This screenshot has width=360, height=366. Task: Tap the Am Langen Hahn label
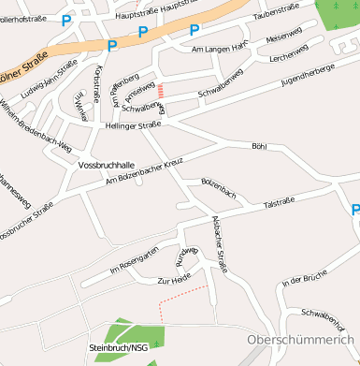click(x=218, y=47)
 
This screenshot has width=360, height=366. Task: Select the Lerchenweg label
click(x=288, y=57)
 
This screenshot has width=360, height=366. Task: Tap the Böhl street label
click(x=259, y=146)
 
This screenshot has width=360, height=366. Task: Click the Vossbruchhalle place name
click(x=107, y=165)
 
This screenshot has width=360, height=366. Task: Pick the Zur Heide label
click(x=175, y=280)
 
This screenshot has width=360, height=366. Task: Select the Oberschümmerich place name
click(x=302, y=340)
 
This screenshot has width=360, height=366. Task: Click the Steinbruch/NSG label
click(x=119, y=348)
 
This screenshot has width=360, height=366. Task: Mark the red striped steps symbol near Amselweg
click(x=161, y=91)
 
